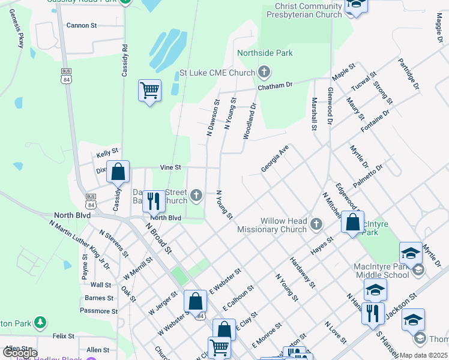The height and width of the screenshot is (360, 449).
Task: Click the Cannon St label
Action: coord(82,26)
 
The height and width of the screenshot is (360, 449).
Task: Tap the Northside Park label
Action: coord(265,53)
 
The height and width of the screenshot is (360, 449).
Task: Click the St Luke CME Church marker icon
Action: coord(264,73)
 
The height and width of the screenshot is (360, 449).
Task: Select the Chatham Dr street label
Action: coord(274,86)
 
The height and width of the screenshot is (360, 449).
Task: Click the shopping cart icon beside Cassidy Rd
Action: coord(149,91)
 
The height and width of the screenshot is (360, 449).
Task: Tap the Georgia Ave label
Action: coord(275,159)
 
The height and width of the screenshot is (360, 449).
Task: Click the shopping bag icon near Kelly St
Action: coord(118,172)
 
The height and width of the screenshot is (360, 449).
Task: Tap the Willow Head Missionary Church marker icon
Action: coord(316,225)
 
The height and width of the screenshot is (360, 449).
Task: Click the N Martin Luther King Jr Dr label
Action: coord(80,244)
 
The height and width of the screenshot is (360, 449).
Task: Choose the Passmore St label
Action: coord(98,311)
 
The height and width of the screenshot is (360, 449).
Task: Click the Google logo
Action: coord(19,353)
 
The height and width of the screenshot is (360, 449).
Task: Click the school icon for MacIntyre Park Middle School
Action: coord(411,254)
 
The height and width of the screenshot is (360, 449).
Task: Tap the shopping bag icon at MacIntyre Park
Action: coord(353,222)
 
